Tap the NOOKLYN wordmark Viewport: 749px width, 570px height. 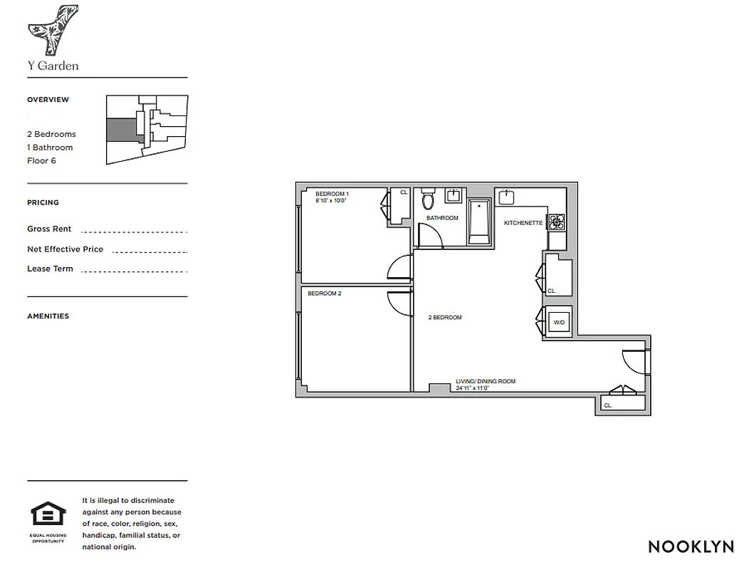click(691, 546)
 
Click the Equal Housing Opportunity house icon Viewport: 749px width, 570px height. click(48, 514)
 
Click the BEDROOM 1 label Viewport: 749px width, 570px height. click(332, 194)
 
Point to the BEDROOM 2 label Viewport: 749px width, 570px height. click(324, 293)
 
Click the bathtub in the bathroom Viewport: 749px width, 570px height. click(479, 222)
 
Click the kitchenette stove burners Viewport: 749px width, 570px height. click(556, 222)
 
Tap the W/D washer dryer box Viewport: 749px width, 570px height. click(559, 323)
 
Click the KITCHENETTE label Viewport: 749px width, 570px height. click(523, 223)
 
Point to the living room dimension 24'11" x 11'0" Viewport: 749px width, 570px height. click(473, 388)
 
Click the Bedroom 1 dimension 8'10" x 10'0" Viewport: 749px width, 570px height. click(331, 201)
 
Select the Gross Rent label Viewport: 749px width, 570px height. click(49, 229)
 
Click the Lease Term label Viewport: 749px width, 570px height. click(50, 269)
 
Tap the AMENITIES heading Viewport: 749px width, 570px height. click(48, 316)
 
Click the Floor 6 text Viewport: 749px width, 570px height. click(41, 160)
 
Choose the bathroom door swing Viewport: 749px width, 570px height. click(429, 236)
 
